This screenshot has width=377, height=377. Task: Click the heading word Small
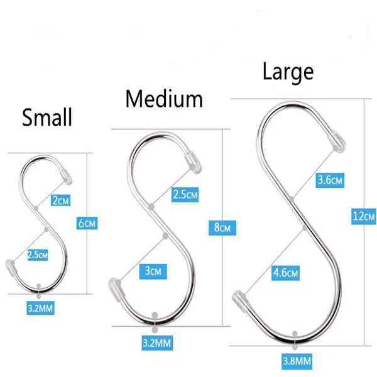coord(47,117)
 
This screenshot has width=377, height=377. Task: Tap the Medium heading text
coord(164,99)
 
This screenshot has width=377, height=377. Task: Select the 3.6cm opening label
coord(330,180)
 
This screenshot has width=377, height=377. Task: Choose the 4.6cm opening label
coord(286,273)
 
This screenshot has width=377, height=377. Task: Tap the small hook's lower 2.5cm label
coord(37,254)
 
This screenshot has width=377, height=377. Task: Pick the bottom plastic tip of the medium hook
coord(114,288)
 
